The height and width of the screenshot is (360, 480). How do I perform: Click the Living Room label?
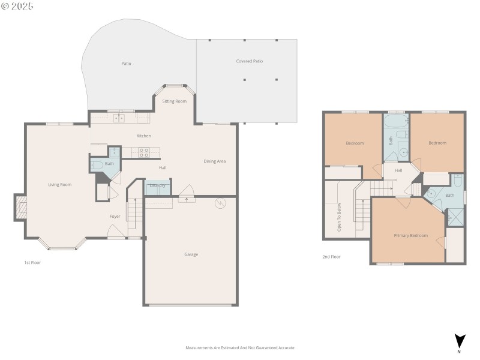tap(60, 184)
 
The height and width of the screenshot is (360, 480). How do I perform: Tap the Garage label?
tap(191, 254)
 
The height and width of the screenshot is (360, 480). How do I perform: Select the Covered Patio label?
tap(249, 61)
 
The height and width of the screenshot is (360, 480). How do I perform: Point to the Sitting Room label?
tap(174, 101)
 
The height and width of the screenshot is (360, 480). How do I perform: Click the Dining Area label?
tap(215, 161)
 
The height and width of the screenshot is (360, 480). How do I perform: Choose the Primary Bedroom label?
tap(410, 235)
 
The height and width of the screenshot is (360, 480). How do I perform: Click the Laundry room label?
tap(157, 185)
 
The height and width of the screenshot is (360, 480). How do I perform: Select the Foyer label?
tap(115, 216)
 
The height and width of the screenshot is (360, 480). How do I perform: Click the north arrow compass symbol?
tap(459, 341)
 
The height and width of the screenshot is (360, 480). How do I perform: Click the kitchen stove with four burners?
tap(145, 153)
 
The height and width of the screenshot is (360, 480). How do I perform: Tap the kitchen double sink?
tap(119, 118)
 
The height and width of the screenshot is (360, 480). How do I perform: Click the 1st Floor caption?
tap(32, 262)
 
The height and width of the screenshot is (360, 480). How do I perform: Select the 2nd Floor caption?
tap(331, 256)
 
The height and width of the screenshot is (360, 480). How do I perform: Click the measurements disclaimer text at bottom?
tap(240, 347)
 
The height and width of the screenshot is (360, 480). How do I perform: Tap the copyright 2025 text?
tap(17, 6)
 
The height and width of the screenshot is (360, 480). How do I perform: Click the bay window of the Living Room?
tap(62, 245)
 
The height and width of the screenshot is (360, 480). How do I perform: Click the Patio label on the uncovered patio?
tap(126, 64)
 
